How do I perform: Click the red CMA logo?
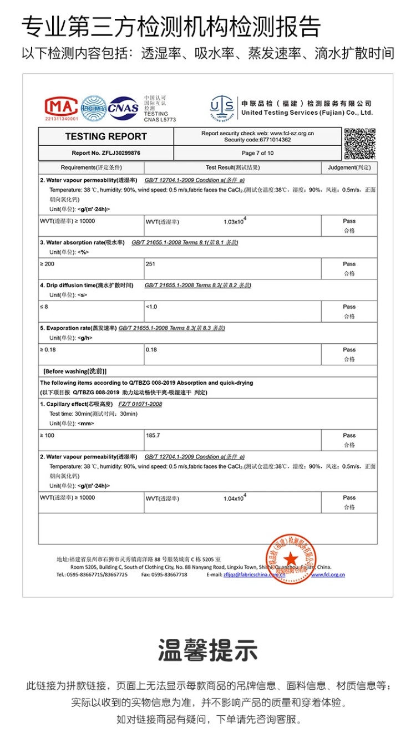pos(61,107)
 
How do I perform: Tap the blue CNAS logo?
pos(123,108)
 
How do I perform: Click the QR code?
pos(359,144)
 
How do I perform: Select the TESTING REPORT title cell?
pos(106,136)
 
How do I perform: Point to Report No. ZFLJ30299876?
pos(106,153)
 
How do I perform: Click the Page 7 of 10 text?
pos(257,153)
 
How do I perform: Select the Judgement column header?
pos(349,167)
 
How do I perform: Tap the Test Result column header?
pos(232,167)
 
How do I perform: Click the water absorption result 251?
pos(150,264)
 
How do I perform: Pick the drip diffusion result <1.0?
pos(151,307)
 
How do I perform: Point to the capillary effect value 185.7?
pos(153,435)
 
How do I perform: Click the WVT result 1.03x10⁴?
pos(235,221)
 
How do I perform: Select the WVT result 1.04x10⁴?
pos(235,498)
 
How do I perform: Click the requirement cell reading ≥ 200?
pos(47,264)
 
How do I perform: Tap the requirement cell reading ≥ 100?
pos(47,435)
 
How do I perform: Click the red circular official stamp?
pos(291,558)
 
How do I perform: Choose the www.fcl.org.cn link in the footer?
pos(328,574)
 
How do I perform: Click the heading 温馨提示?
pos(208,650)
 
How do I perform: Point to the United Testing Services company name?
pos(307,113)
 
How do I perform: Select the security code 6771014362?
pos(257,140)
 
